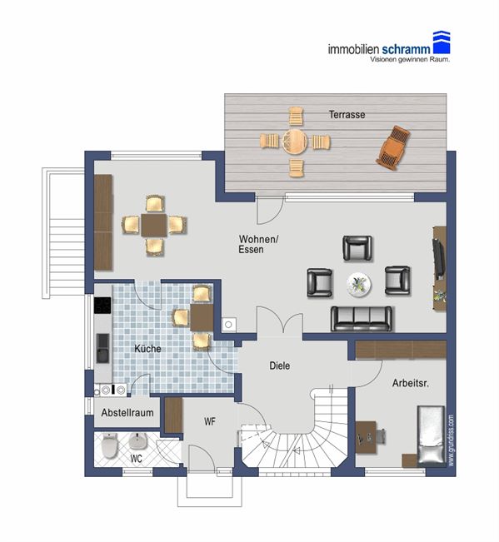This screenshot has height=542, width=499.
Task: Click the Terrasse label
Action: click(347, 114)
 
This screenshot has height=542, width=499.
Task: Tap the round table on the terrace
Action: click(295, 142)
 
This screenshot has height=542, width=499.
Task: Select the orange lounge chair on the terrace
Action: click(393, 147)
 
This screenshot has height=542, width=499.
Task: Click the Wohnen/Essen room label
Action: click(258, 244)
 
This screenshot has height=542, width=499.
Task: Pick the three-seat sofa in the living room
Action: click(362, 319)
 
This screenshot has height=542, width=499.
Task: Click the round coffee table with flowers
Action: click(359, 285)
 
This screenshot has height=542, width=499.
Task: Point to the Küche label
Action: click(147, 348)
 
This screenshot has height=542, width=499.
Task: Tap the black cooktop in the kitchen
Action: click(102, 306)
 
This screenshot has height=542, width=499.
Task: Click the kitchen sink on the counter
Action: click(102, 348)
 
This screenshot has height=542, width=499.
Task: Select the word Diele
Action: click(280, 365)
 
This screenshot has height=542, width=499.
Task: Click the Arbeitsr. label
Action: click(411, 383)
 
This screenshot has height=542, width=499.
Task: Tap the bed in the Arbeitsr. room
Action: click(431, 435)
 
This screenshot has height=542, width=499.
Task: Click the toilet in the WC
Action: click(110, 445)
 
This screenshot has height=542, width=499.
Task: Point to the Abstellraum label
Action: click(127, 412)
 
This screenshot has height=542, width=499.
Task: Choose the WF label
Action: click(210, 421)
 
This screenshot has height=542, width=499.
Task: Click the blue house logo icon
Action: click(442, 42)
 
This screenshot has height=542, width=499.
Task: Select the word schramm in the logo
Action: click(406, 49)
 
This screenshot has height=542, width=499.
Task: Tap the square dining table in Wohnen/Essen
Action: click(154, 225)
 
